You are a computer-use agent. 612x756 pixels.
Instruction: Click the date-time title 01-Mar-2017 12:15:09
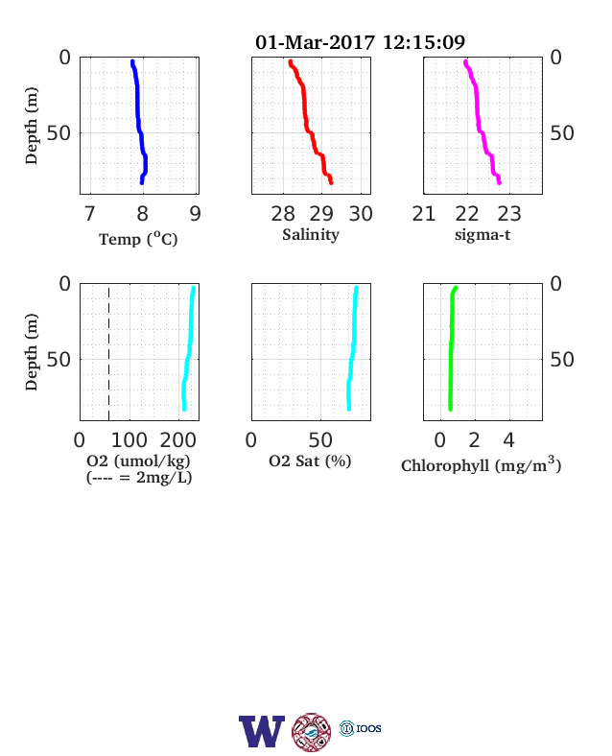coord(360,42)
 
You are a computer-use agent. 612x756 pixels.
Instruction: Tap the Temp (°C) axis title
coord(138,239)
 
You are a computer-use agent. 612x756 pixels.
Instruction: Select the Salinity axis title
coord(311,235)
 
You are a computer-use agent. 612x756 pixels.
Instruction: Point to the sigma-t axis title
coord(483,235)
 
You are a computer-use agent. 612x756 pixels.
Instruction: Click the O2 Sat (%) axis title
coord(310,461)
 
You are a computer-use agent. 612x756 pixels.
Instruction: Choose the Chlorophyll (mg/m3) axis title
coord(482,464)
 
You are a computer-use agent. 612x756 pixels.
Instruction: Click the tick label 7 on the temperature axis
coord(89,214)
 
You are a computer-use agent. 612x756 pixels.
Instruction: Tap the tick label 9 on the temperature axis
coord(195,214)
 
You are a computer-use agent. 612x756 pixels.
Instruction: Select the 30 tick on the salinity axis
coord(361,214)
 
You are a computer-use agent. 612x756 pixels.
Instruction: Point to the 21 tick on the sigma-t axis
coord(424,214)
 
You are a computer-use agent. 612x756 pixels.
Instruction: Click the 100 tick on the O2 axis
coord(129,440)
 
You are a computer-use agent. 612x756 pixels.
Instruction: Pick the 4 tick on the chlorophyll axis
coord(508,440)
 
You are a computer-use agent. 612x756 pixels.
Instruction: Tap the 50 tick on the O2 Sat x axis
coord(320,440)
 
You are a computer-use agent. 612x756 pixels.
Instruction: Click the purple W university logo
coord(262,731)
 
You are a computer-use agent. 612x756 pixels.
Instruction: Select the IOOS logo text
coord(368,728)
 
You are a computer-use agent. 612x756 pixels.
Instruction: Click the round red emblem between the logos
coord(312,732)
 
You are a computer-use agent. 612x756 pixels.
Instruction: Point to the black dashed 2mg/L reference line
coord(109,354)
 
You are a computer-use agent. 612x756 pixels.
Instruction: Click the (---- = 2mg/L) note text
coord(139,478)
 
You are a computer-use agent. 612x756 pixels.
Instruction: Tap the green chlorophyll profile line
coord(452,348)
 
